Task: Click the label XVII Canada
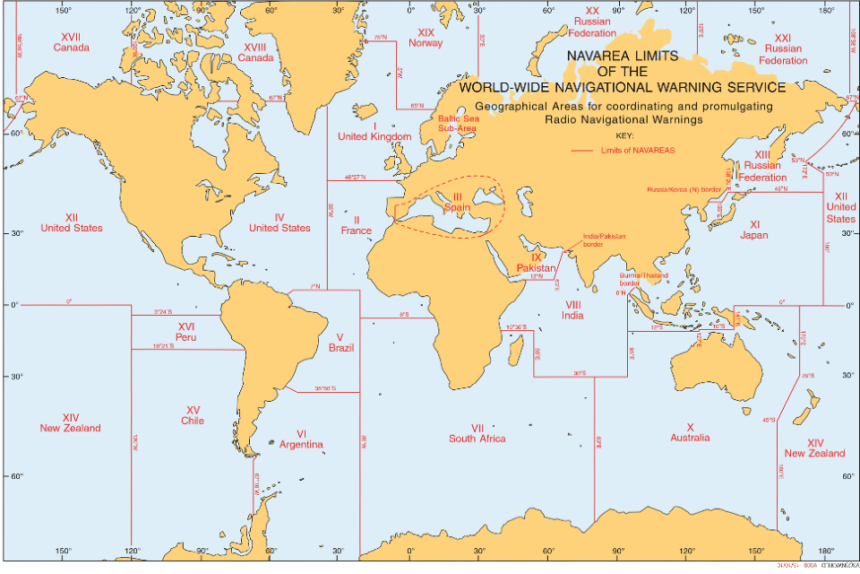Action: pos(71,41)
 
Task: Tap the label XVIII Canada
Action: pos(255,52)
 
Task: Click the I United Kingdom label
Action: pos(374,131)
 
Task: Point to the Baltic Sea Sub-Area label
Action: pos(457,123)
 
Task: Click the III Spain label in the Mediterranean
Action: pos(457,203)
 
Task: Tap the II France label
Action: pos(356,225)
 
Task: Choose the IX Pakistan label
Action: pos(537,263)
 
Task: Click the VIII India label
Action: pos(573,310)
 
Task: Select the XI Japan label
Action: pos(753,230)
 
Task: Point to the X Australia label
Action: pos(690,432)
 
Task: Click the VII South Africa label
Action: pos(477,433)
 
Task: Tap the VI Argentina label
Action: pos(301,439)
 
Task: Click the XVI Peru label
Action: pos(186,332)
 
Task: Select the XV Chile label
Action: pos(192,414)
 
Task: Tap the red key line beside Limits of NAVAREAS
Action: pos(582,151)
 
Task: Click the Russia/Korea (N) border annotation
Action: pos(684,189)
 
